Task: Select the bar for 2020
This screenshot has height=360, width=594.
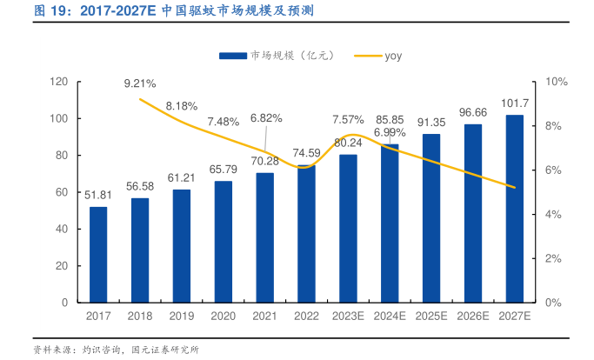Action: (224, 241)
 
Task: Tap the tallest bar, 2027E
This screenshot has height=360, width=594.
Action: (515, 209)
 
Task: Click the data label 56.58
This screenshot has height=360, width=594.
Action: (140, 186)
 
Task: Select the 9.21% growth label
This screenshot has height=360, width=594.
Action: (140, 83)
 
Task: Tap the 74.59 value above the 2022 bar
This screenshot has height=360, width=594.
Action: (306, 153)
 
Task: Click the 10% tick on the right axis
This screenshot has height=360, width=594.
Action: (557, 82)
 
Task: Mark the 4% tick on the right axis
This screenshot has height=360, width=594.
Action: (553, 214)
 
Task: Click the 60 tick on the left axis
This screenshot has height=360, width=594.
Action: (63, 192)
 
